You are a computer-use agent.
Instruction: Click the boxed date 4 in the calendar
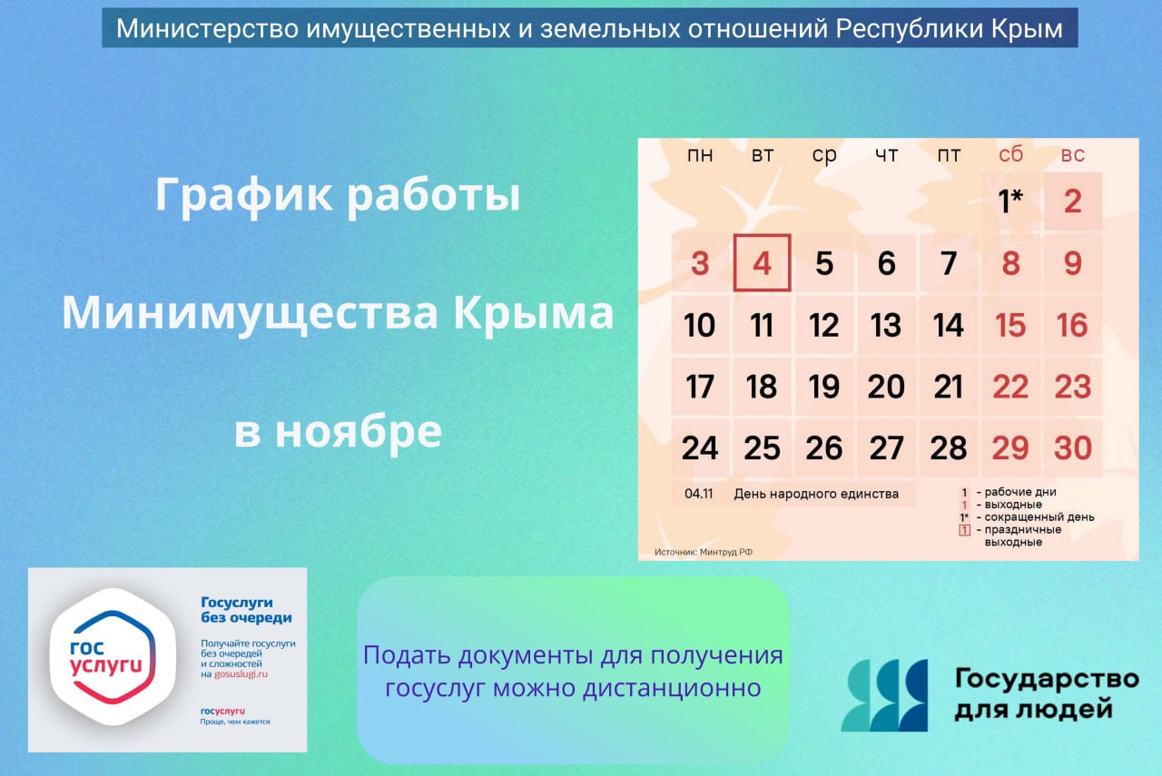click(762, 263)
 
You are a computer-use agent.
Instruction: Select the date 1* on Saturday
click(1010, 201)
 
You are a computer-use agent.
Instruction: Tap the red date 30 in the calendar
click(1072, 448)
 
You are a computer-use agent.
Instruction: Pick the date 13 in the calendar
click(886, 325)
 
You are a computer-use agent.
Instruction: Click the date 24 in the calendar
click(699, 448)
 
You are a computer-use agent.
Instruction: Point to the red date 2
click(1072, 201)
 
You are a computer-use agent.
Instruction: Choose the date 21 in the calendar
click(949, 387)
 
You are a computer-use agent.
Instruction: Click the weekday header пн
click(699, 155)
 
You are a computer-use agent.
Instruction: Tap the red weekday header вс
click(1072, 155)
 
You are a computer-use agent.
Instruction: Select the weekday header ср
click(824, 155)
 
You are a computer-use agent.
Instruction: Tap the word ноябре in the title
click(358, 432)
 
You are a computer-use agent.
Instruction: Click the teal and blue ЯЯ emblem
click(884, 695)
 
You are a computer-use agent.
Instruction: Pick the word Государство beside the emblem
click(1046, 679)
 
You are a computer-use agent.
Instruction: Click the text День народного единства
click(816, 494)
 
